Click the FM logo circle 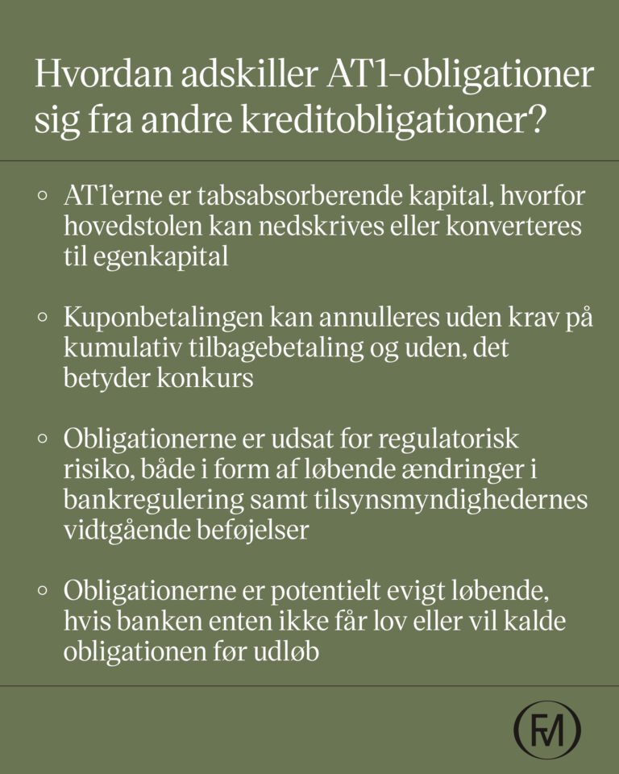pos(548,729)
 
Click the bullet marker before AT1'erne pos(43,198)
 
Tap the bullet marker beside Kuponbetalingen pos(43,318)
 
